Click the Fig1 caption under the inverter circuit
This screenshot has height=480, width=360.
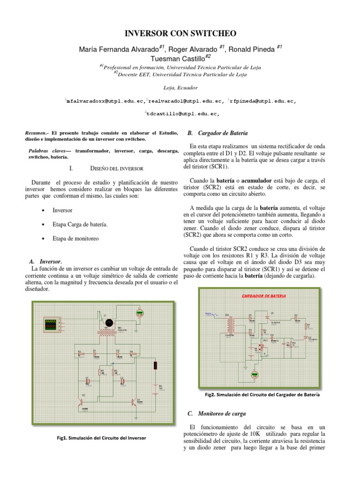click(99, 438)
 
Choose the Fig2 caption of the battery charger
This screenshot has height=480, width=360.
click(262, 395)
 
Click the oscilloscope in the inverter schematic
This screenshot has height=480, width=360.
click(50, 323)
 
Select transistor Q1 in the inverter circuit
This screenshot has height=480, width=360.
click(138, 401)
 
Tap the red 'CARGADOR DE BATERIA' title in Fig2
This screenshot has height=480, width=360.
click(265, 296)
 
